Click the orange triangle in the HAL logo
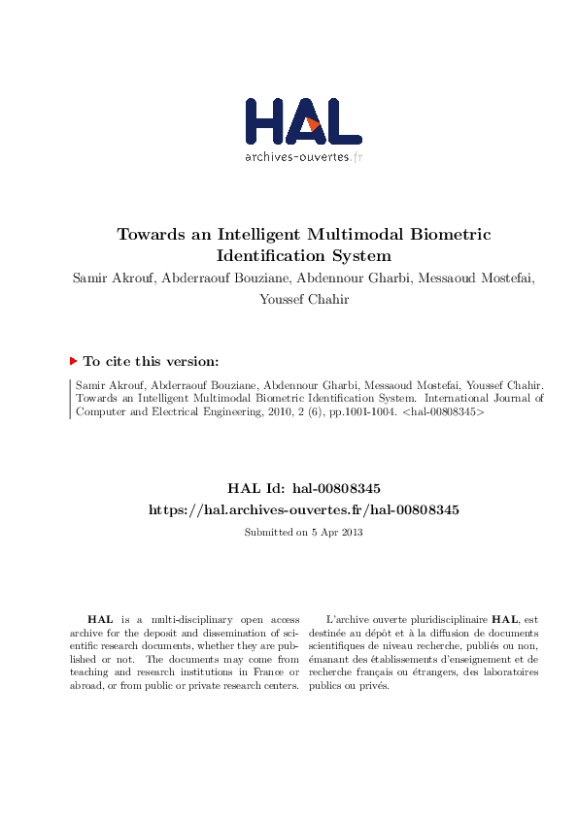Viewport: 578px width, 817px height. pyautogui.click(x=313, y=124)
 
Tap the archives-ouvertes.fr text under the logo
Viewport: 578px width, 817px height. pyautogui.click(x=303, y=156)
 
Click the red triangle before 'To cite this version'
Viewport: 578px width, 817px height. pyautogui.click(x=73, y=361)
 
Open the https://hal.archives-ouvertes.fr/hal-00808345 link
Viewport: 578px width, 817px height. pyautogui.click(x=303, y=508)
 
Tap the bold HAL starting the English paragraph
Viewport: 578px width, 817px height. pyautogui.click(x=99, y=618)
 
